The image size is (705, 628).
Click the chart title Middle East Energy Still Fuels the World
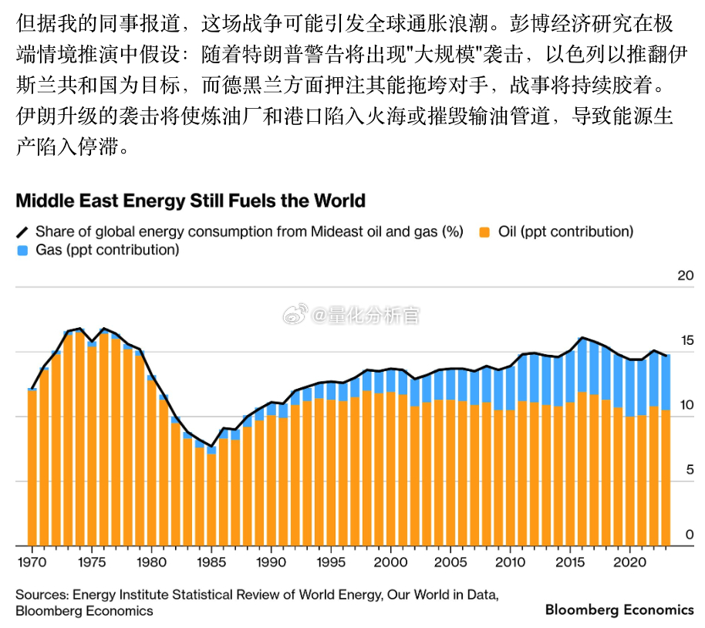pos(191,201)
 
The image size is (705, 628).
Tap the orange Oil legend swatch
pos(484,231)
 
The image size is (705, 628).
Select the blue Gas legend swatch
pos(22,250)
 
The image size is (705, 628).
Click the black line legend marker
pos(22,231)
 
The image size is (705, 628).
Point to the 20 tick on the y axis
pos(685,275)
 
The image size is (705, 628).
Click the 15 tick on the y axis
pos(685,340)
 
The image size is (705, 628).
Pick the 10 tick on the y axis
pos(685,405)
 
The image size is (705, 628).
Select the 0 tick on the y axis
pos(689,535)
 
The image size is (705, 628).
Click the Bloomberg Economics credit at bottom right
pos(619,609)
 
